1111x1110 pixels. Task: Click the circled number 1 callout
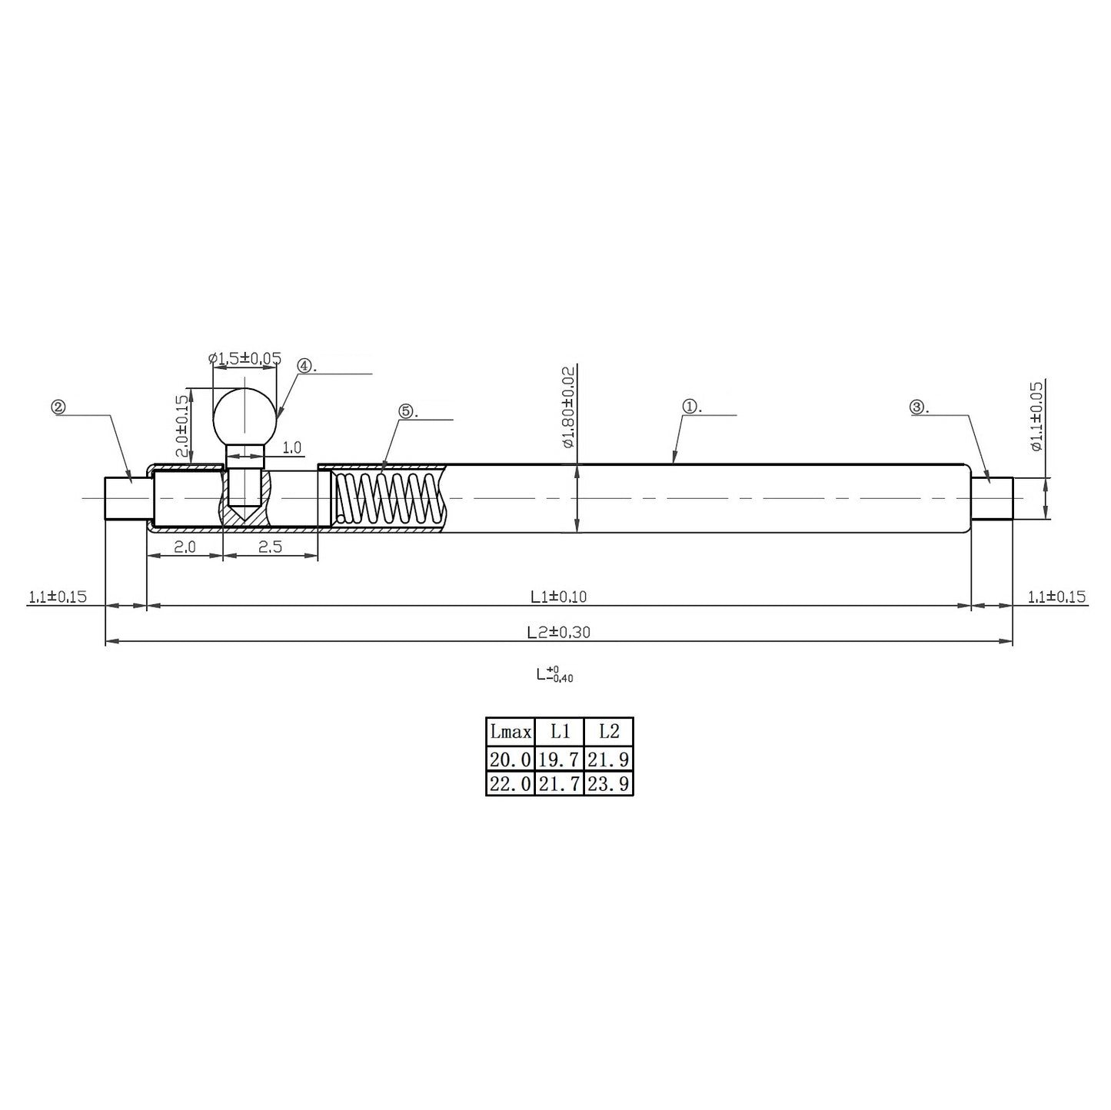click(x=690, y=407)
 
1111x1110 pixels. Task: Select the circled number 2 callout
click(x=58, y=407)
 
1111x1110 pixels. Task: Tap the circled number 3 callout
click(x=917, y=407)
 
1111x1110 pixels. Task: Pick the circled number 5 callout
click(x=407, y=411)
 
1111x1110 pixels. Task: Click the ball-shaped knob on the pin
click(x=244, y=416)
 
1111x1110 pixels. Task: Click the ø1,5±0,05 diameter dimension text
click(x=244, y=358)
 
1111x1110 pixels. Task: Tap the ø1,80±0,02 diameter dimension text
click(x=568, y=407)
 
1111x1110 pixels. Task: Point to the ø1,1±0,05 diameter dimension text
click(x=1036, y=416)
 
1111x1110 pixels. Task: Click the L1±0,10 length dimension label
click(x=558, y=596)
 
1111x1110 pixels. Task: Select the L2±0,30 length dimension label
click(x=558, y=632)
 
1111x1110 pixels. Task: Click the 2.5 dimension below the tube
click(x=270, y=547)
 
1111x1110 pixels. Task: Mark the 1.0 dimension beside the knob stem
click(x=291, y=447)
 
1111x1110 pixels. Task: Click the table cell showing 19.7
click(x=559, y=759)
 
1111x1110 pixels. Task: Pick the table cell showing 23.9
click(x=608, y=783)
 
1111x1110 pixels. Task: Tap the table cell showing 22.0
click(x=510, y=783)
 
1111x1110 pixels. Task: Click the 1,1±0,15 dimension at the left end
click(x=58, y=597)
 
